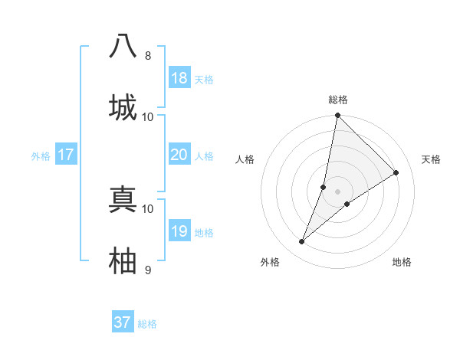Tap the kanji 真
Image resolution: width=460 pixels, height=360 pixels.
(123, 199)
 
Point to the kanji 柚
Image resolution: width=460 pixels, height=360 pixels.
(123, 260)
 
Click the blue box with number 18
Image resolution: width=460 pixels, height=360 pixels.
(179, 78)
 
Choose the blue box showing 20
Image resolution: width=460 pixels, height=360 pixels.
(179, 155)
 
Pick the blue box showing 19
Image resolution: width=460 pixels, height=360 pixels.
(179, 231)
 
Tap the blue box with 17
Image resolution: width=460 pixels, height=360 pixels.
(66, 155)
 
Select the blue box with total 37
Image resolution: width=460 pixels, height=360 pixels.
(123, 322)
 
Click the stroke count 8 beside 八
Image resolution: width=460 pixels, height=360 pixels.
(148, 56)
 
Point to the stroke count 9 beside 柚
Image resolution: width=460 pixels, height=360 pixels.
(148, 270)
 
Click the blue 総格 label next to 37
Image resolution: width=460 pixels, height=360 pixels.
(147, 324)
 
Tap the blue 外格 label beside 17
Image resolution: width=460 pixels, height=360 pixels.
(41, 156)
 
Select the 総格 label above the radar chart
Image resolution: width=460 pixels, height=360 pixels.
(338, 100)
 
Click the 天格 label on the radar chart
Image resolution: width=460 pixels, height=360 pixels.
(432, 159)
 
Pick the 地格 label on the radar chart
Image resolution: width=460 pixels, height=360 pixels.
(402, 262)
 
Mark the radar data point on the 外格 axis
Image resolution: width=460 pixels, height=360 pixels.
(302, 242)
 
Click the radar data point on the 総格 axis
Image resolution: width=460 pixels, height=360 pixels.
(338, 116)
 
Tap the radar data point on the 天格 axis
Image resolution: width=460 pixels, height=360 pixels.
(396, 173)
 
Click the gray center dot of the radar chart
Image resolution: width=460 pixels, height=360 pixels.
(338, 191)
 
